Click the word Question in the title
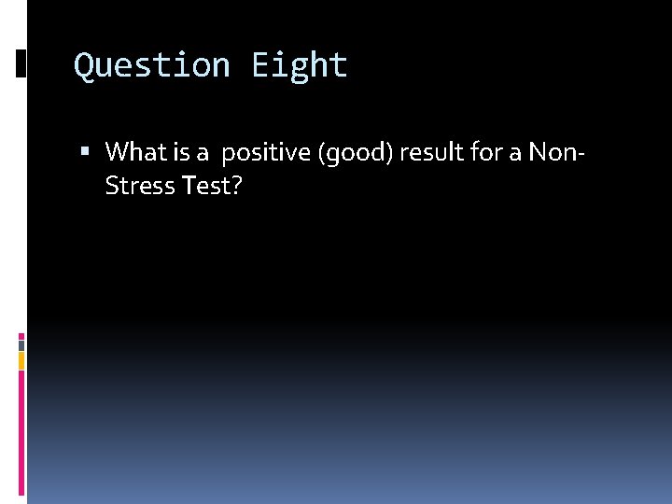151,65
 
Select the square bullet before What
86,150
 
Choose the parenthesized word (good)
356,151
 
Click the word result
428,150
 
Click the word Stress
140,186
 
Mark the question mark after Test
237,186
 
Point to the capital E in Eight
259,65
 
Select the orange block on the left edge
21,360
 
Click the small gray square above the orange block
21,343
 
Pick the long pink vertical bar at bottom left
21,434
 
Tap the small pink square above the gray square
21,335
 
